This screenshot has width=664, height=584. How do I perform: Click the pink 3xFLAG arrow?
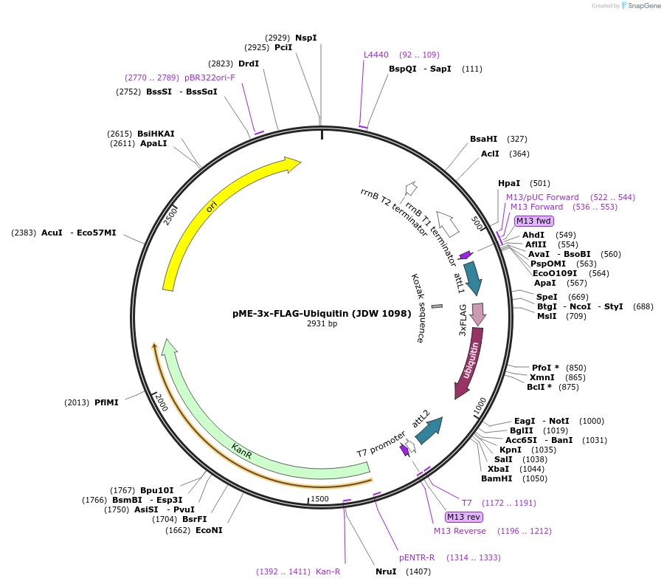click(477, 313)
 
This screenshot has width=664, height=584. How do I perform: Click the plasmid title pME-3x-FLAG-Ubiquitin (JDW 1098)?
click(322, 313)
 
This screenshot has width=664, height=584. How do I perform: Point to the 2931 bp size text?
click(322, 323)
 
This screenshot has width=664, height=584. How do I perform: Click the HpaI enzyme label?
click(509, 183)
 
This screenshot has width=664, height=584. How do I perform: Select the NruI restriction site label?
click(386, 571)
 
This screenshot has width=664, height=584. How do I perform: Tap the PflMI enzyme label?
click(106, 402)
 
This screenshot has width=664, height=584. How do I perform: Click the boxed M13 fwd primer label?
click(533, 221)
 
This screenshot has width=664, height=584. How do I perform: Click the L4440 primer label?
click(376, 55)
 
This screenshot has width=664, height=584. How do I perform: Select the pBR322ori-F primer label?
click(210, 78)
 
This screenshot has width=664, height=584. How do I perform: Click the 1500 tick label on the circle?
click(319, 499)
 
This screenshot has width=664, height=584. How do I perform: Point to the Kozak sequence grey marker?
click(437, 306)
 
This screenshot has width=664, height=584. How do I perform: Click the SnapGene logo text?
click(642, 6)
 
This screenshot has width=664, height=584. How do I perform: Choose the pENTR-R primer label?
click(417, 557)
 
